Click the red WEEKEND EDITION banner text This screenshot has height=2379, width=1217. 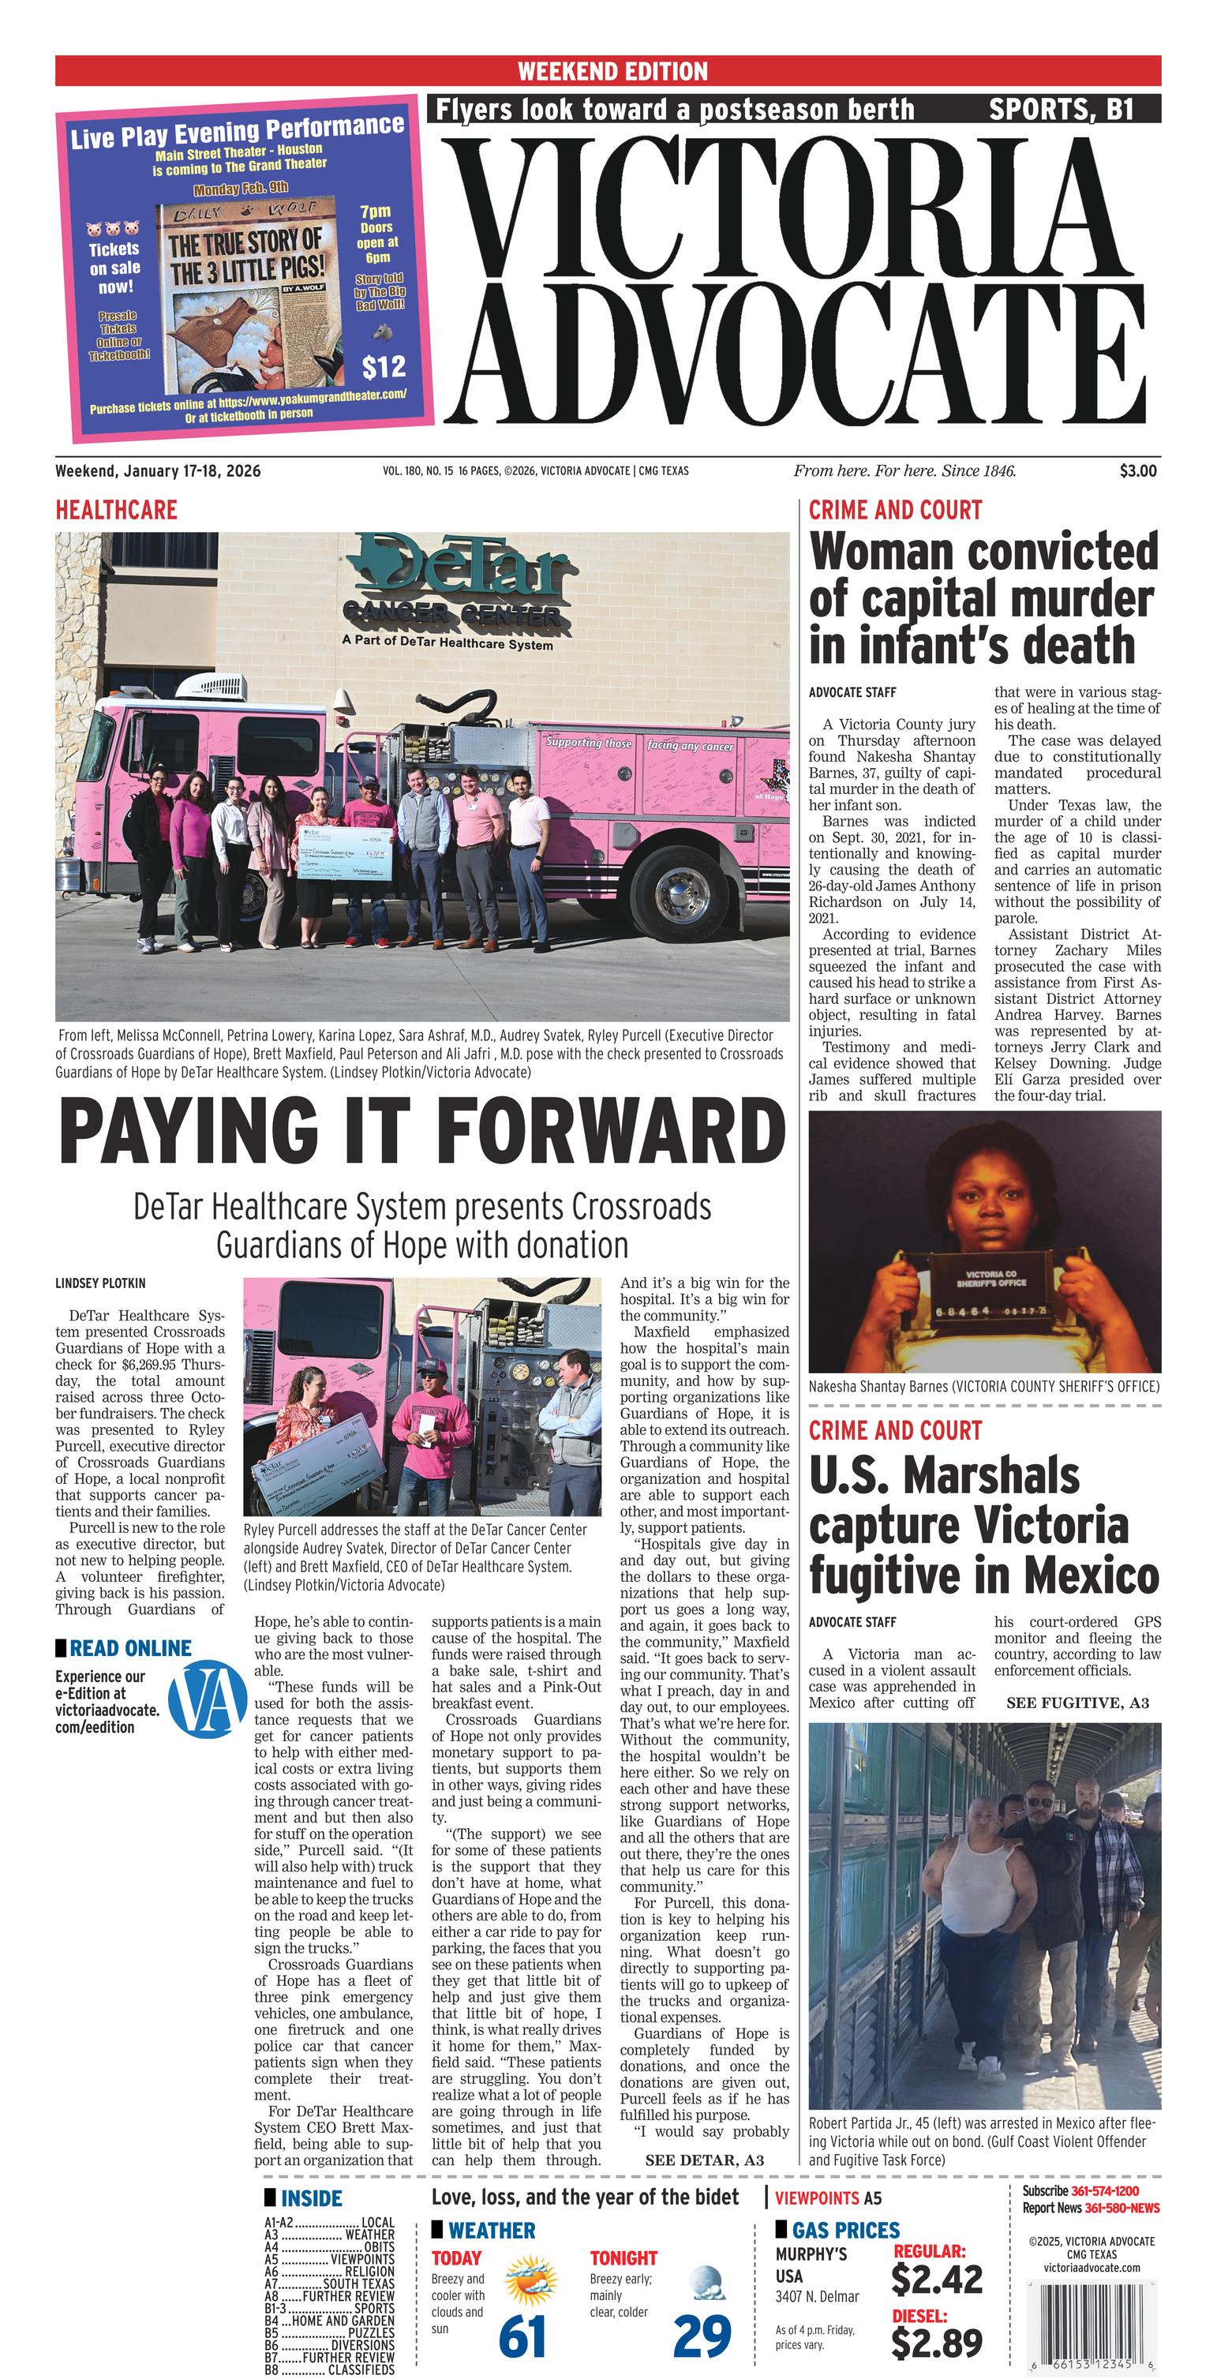click(612, 71)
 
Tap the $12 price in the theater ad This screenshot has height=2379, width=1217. click(384, 367)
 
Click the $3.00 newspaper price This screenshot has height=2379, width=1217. click(1136, 471)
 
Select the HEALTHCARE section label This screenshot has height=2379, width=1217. click(116, 510)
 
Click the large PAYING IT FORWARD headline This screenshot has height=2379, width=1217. click(422, 1132)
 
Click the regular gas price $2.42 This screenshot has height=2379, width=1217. click(936, 2280)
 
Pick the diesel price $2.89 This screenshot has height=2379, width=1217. click(936, 2343)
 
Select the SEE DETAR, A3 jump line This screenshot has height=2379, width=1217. click(704, 2160)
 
